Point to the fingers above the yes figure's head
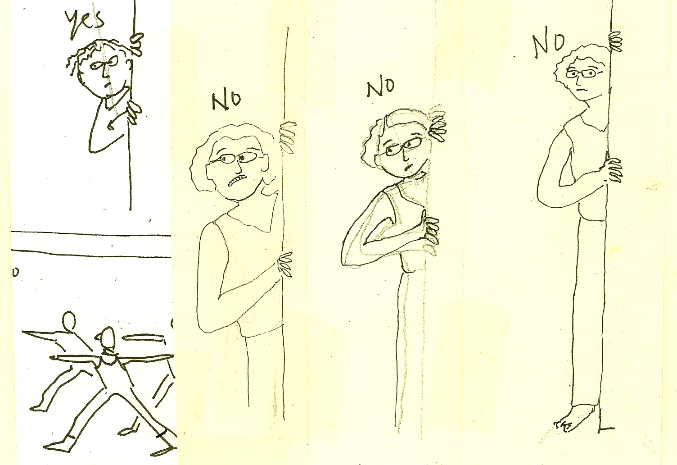(x=137, y=44)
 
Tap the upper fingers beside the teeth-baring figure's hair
(x=288, y=138)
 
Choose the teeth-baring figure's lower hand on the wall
(x=284, y=265)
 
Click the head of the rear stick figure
(x=69, y=320)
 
